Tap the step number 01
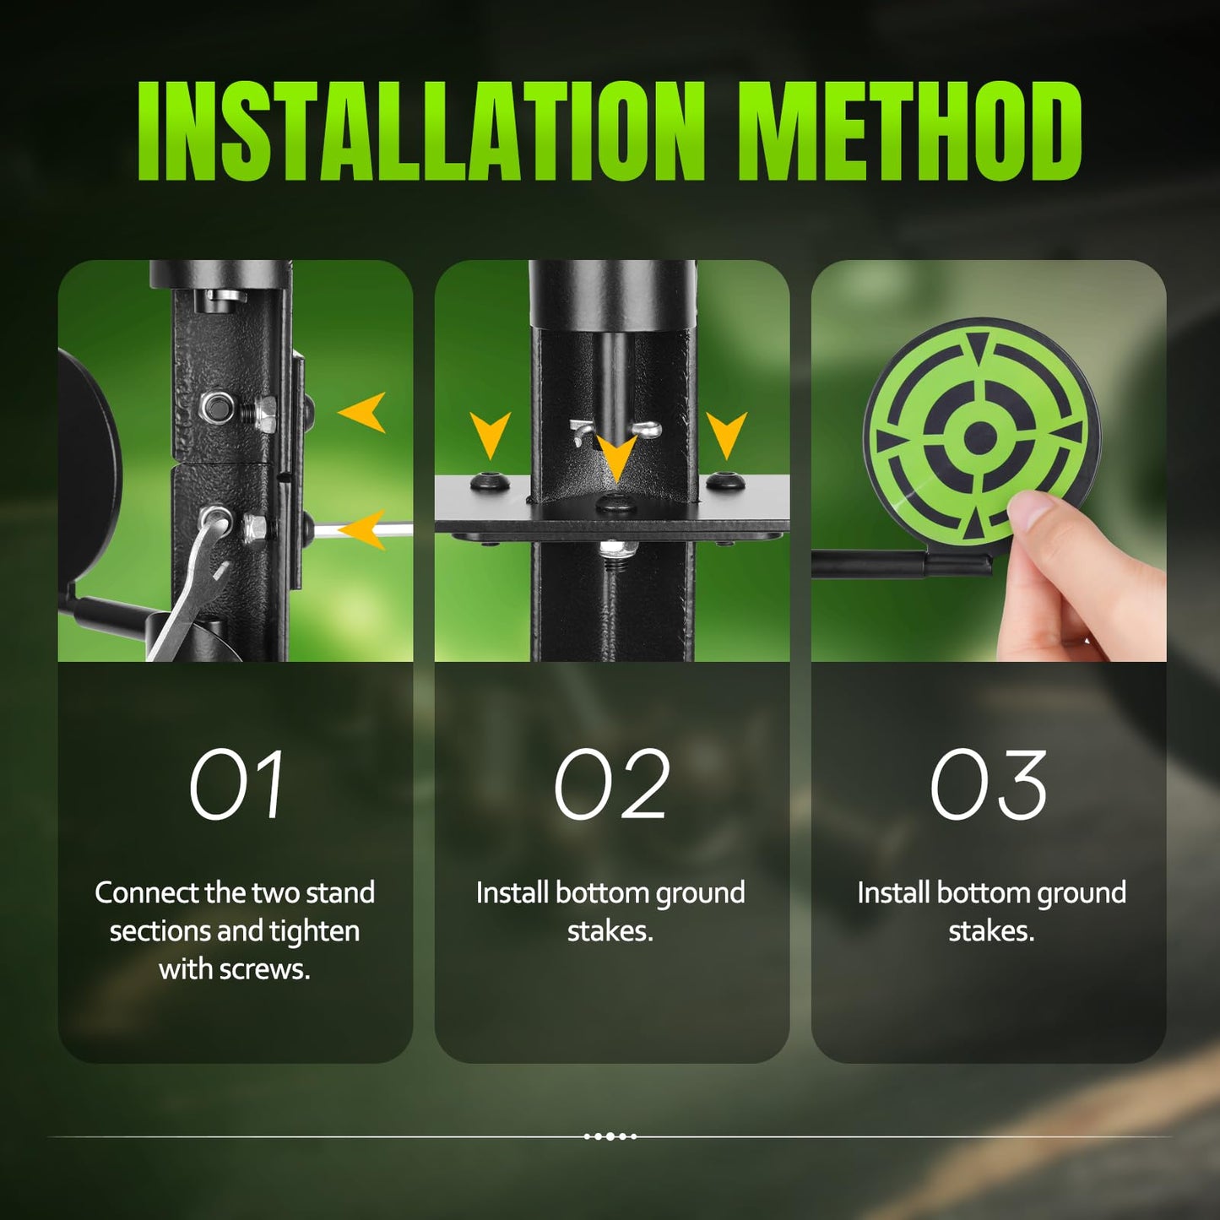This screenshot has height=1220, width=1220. (x=236, y=784)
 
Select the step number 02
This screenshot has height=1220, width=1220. (x=611, y=784)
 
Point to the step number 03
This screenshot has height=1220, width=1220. (x=989, y=784)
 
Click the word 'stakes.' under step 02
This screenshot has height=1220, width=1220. (x=610, y=931)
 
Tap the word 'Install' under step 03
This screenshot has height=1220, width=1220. (x=892, y=893)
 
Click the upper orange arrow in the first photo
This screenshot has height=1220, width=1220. (x=362, y=412)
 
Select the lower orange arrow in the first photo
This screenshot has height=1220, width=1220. (x=362, y=530)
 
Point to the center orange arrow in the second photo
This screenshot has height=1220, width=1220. (x=616, y=458)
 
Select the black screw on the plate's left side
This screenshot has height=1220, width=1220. (x=490, y=482)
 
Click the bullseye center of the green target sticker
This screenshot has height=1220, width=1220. (x=980, y=436)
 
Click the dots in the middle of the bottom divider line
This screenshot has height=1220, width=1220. (x=610, y=1136)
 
